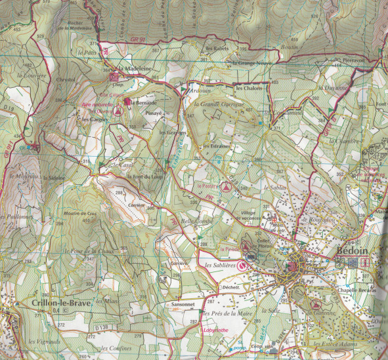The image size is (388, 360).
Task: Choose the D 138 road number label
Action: [100, 327]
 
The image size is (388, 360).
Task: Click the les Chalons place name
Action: [249, 88]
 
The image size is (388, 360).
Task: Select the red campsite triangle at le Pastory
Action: [225, 187]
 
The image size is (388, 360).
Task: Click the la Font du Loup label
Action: [146, 176]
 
